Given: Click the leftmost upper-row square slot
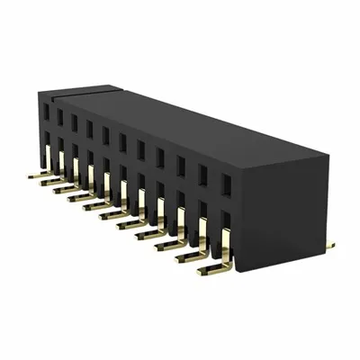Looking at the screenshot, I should pyautogui.click(x=47, y=112).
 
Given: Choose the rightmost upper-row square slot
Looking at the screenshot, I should pyautogui.click(x=226, y=185).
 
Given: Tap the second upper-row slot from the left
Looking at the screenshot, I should pyautogui.click(x=60, y=117).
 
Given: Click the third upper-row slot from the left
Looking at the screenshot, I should pyautogui.click(x=75, y=122).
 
